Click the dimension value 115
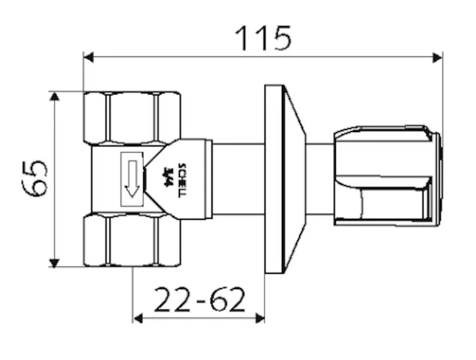[x=262, y=37]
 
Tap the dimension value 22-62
[x=199, y=300]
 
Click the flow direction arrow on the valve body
[x=133, y=178]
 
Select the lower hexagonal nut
[x=133, y=240]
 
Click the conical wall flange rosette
[x=284, y=178]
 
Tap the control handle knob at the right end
[x=386, y=177]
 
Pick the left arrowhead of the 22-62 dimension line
[x=137, y=318]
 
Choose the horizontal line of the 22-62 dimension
[x=199, y=318]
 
